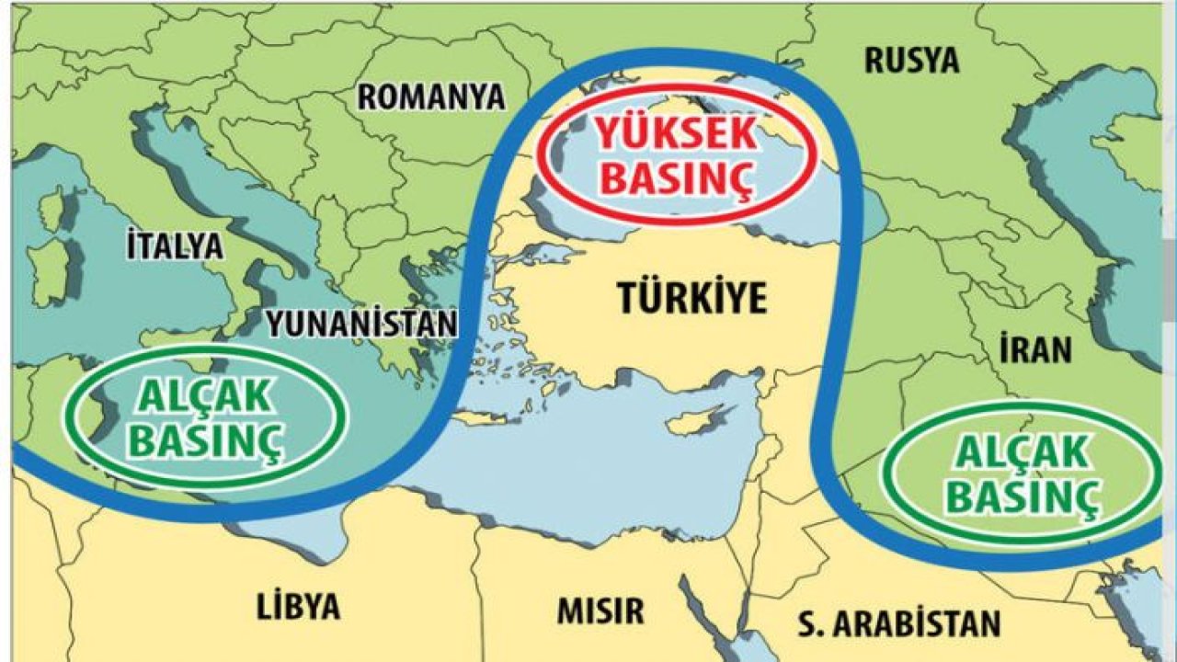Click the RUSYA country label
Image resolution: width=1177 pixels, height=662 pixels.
[x=911, y=61]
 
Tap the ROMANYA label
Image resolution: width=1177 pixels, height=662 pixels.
[x=431, y=97]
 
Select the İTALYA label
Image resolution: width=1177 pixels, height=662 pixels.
[x=175, y=245]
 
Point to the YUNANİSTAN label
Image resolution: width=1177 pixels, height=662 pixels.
[x=361, y=323]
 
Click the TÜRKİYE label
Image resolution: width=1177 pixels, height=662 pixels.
[x=691, y=298]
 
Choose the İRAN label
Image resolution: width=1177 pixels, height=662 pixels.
[x=1035, y=349]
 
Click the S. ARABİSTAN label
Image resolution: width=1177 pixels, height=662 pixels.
[x=897, y=624]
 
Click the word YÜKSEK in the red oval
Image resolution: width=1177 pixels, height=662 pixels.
[x=676, y=135]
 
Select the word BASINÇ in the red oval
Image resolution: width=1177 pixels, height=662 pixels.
[x=676, y=177]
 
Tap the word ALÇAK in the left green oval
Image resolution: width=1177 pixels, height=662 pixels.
[x=204, y=396]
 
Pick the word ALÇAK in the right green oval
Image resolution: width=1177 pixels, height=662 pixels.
[x=1023, y=452]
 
